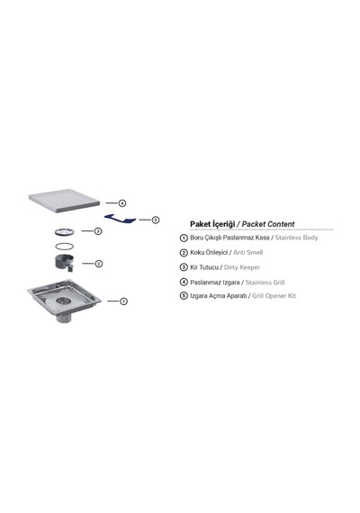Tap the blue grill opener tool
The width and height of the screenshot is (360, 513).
tap(120, 219)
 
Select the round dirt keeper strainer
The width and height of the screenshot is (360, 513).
tap(65, 232)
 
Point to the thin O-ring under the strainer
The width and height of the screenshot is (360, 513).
tap(64, 246)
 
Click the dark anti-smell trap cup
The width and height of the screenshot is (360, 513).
tap(64, 263)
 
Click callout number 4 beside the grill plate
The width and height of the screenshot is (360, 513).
tap(122, 203)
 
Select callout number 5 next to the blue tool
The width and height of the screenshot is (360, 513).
tap(156, 220)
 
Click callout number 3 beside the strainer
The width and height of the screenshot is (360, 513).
tap(98, 231)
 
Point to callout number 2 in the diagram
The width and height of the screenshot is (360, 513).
tap(98, 264)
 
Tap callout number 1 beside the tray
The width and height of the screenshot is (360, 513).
tap(123, 301)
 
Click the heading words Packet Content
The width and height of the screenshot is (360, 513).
tap(268, 224)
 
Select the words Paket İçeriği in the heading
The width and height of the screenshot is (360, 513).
tap(212, 224)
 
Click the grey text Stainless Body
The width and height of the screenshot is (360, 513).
tap(296, 238)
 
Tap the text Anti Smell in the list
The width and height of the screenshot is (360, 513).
tap(248, 252)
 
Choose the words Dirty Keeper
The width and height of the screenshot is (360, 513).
tap(242, 267)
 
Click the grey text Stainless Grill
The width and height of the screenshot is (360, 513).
tap(265, 283)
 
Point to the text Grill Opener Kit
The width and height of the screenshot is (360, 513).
tap(274, 296)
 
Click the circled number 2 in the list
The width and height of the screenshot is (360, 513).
tap(184, 253)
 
